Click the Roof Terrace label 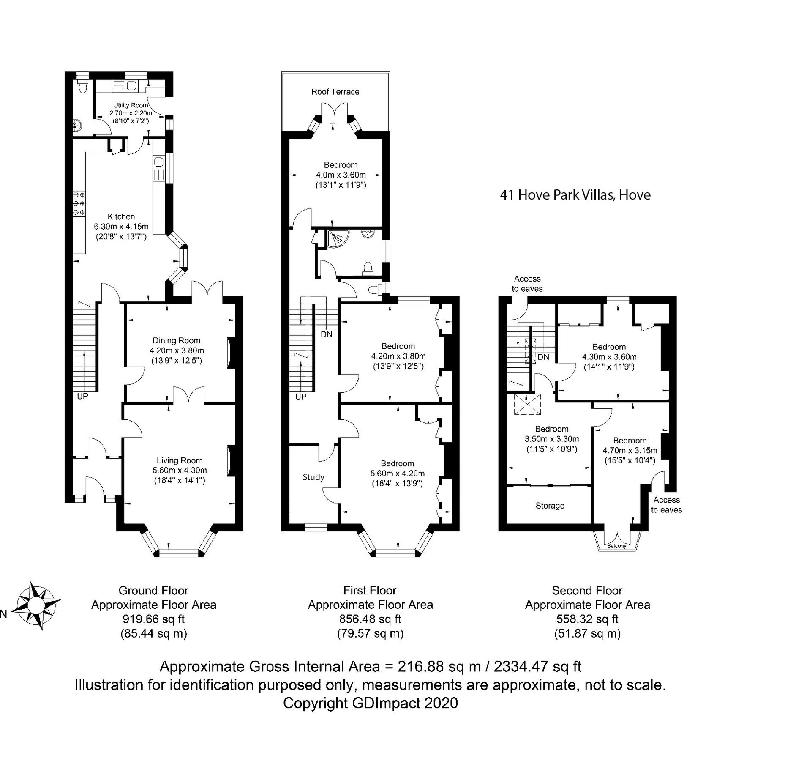(x=335, y=92)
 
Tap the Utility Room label (x=131, y=105)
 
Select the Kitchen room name (x=121, y=216)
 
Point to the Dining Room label (x=176, y=340)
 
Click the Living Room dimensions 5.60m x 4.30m (x=180, y=470)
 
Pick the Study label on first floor (x=313, y=477)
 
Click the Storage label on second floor (x=550, y=506)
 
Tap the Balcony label (x=616, y=546)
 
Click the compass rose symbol (x=35, y=605)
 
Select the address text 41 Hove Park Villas (x=575, y=195)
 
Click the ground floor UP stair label (x=82, y=397)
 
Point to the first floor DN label (x=327, y=334)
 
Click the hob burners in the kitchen (x=79, y=203)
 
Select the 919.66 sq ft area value (x=153, y=619)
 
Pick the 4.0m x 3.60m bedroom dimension (x=341, y=175)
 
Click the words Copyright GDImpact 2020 (x=370, y=703)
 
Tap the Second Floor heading (x=587, y=590)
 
